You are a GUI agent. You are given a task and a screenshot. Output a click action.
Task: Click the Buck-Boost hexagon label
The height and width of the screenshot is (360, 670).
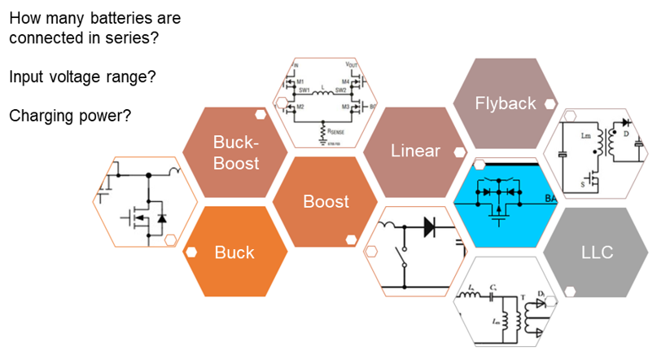point(235,152)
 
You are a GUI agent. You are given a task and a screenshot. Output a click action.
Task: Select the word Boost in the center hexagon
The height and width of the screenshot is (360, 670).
point(326,201)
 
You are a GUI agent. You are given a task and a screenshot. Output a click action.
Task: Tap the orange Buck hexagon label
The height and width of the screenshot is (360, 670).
point(234,252)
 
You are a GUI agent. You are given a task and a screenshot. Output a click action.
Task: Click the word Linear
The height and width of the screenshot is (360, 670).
point(415,151)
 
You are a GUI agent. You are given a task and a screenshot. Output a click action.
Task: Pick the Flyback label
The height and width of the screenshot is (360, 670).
point(506,103)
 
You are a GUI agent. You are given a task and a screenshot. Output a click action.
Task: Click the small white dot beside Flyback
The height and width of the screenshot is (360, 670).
point(550,104)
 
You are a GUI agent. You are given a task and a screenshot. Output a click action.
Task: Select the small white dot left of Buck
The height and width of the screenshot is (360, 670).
point(190,252)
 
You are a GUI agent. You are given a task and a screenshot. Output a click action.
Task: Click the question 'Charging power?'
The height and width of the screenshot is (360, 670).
point(70,116)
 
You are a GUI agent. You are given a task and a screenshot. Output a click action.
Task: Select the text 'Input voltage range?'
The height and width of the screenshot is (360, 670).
point(82,77)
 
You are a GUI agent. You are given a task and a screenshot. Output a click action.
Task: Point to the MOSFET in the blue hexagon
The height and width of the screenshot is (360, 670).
point(497,211)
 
